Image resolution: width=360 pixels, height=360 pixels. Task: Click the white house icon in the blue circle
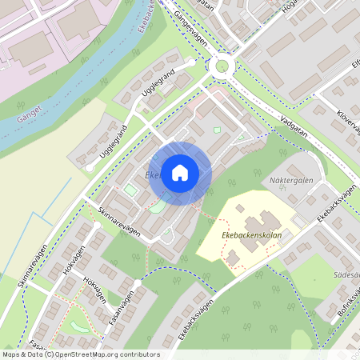[x=180, y=172]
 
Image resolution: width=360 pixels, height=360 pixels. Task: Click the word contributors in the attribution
[x=141, y=354]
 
